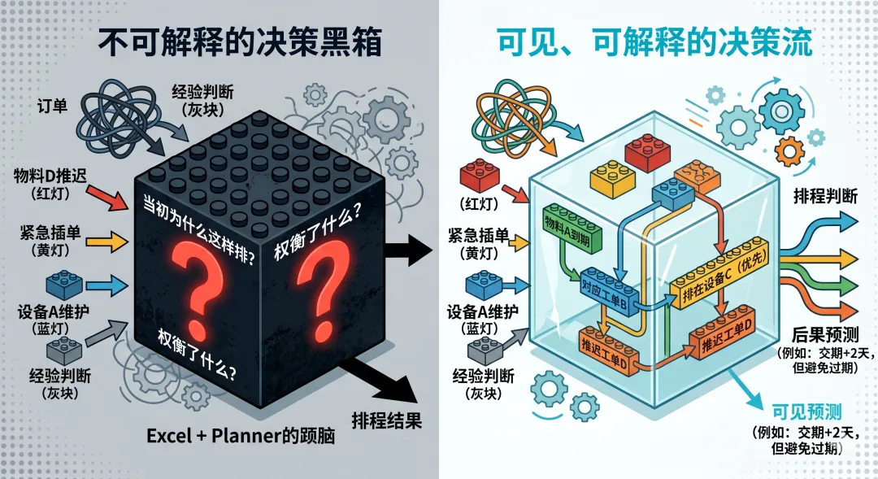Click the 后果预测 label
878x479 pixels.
pyautogui.click(x=823, y=334)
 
